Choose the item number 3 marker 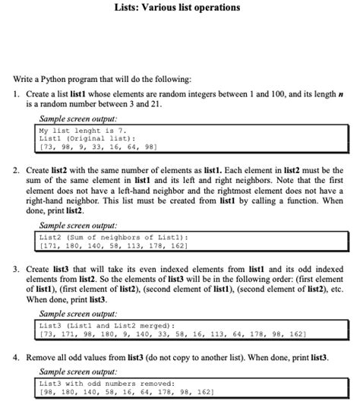(x=15, y=270)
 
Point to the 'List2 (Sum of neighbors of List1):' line (x=113, y=238)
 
